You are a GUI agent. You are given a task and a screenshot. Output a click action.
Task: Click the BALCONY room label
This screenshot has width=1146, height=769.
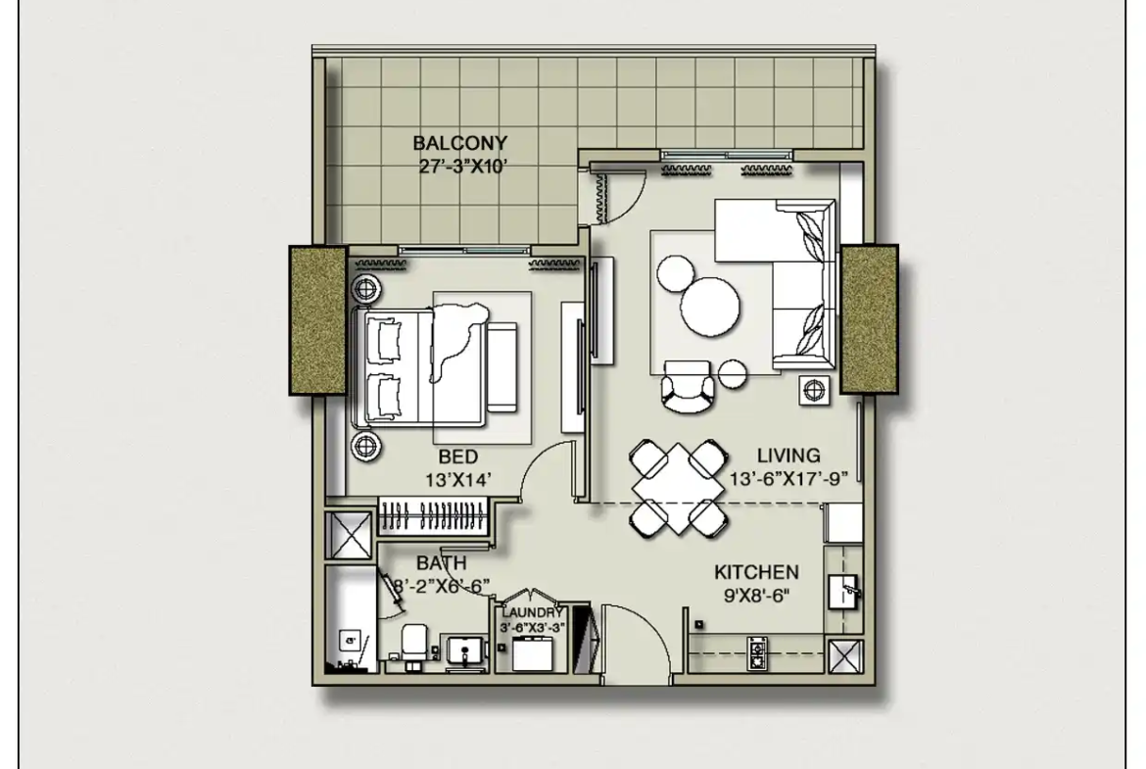tap(459, 143)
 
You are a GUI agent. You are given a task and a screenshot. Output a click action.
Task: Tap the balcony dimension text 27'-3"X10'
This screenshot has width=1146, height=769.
tap(462, 167)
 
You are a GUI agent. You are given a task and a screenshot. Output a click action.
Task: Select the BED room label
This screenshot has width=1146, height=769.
tap(458, 457)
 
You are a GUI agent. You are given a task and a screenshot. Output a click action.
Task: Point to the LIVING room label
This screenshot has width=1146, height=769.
tap(788, 456)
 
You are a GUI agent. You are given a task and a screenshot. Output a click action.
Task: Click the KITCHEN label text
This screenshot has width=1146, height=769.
tap(756, 572)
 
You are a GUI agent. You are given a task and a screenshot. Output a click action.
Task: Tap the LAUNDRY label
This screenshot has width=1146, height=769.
tap(532, 612)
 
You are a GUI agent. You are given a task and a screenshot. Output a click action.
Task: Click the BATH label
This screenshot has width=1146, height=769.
tap(442, 563)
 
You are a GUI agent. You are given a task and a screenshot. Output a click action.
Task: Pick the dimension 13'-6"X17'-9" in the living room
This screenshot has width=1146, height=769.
tap(788, 479)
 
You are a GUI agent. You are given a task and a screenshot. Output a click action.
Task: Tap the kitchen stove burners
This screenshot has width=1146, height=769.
tap(757, 652)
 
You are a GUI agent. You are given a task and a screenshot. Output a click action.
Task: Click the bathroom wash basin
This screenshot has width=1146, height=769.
tap(465, 651)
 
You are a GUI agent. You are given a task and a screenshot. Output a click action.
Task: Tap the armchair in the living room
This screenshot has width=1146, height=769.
tap(687, 386)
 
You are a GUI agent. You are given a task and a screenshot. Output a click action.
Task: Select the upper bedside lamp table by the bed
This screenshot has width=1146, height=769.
tap(365, 289)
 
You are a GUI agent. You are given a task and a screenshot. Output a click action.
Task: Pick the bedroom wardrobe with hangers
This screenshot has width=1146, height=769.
tap(434, 514)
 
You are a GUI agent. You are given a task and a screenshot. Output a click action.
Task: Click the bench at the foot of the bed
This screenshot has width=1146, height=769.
tap(502, 367)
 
